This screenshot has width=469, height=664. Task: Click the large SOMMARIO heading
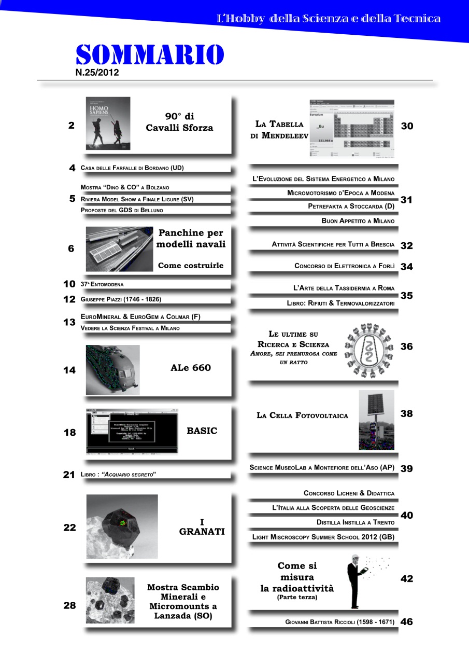tap(150, 55)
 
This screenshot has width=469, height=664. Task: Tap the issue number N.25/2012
tap(97, 73)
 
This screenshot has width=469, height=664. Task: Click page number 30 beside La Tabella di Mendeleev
tap(407, 126)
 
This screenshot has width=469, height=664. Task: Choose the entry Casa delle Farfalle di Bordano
tap(133, 168)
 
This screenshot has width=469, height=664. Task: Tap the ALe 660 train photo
tap(112, 369)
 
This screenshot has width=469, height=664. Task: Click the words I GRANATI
tap(202, 527)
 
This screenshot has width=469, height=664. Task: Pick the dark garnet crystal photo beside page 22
tap(122, 526)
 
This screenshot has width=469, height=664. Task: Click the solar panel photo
tap(376, 420)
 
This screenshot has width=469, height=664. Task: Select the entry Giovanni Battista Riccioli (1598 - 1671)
tap(339, 622)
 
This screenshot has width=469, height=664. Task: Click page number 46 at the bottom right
tap(407, 622)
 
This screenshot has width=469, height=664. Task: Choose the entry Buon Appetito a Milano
tap(358, 221)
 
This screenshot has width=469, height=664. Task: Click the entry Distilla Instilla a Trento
tap(355, 522)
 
